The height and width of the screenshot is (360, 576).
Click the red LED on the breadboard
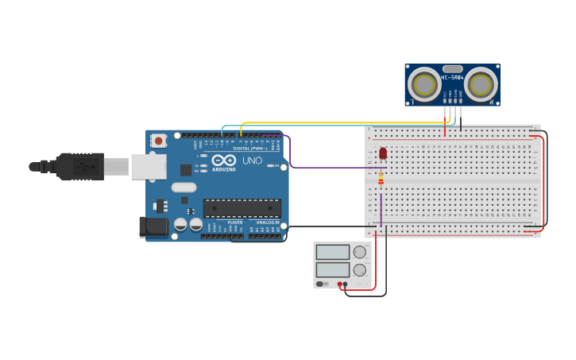[383, 153]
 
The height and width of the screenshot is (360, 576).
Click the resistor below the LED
[381, 180]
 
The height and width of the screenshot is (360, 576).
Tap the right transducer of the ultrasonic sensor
[480, 84]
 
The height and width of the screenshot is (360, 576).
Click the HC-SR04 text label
[452, 77]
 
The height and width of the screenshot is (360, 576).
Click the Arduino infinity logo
[224, 161]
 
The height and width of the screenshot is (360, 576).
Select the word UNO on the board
[252, 161]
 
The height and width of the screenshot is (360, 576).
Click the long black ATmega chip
[242, 208]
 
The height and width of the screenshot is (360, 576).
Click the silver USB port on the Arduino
[149, 166]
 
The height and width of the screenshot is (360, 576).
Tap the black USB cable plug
[80, 166]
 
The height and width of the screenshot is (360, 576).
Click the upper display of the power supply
[332, 252]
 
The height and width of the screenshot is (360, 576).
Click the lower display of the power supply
[332, 269]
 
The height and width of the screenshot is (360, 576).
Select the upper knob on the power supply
[360, 252]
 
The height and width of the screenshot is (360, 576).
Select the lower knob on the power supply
[360, 269]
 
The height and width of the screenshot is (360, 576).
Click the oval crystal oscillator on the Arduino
[184, 188]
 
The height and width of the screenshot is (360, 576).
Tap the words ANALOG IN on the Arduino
[267, 223]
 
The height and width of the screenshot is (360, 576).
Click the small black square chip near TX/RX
[186, 169]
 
